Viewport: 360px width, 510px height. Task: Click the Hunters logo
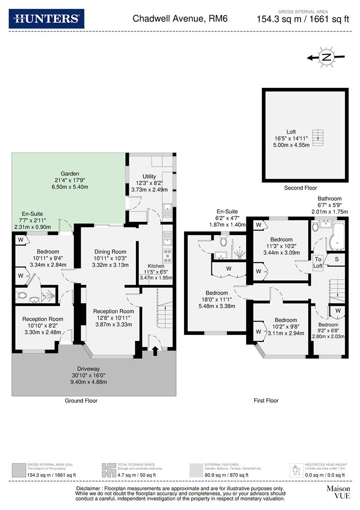(x=46, y=18)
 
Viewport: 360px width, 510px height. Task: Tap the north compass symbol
(x=326, y=58)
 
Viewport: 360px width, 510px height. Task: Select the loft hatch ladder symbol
(x=318, y=137)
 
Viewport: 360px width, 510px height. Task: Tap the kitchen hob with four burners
(x=167, y=256)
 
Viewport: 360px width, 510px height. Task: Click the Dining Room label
(x=110, y=252)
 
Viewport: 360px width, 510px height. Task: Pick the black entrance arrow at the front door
(x=155, y=350)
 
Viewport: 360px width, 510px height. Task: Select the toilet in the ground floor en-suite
(x=22, y=296)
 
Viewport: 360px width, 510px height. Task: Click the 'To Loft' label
(x=318, y=263)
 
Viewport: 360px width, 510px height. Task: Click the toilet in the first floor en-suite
(x=223, y=240)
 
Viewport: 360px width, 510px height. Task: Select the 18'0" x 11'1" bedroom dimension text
(x=217, y=299)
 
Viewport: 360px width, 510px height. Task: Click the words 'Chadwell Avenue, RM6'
(x=180, y=18)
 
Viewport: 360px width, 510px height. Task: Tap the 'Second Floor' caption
(x=301, y=188)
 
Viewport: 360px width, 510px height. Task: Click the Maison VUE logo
(x=338, y=492)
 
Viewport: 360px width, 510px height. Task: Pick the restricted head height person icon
(x=296, y=470)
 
